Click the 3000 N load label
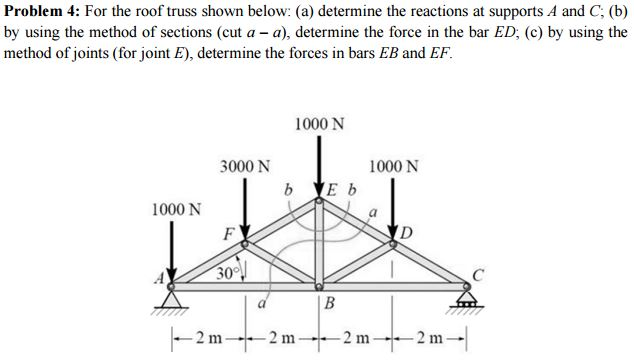pyautogui.click(x=244, y=166)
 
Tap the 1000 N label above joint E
pyautogui.click(x=320, y=124)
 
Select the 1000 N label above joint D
pyautogui.click(x=394, y=166)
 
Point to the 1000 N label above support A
pyautogui.click(x=176, y=211)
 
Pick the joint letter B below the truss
pyautogui.click(x=327, y=306)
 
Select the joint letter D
pyautogui.click(x=406, y=234)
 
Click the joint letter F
pyautogui.click(x=229, y=236)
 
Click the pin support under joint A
pyautogui.click(x=173, y=299)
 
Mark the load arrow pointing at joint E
pyautogui.click(x=319, y=170)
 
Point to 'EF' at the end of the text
pyautogui.click(x=441, y=53)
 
